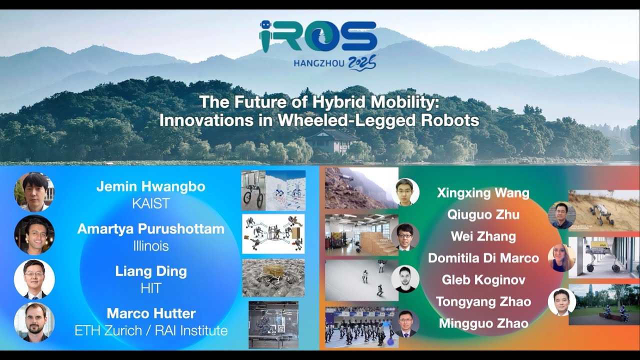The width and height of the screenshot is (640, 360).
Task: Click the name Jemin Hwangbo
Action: pos(150,187)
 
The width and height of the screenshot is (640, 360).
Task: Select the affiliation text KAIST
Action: pos(150,203)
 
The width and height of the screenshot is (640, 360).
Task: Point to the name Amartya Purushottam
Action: pos(150,229)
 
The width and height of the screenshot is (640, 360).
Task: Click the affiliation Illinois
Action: pos(150,245)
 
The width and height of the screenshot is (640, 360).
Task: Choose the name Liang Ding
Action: pos(150,271)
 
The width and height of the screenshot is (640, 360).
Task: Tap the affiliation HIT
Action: pos(150,287)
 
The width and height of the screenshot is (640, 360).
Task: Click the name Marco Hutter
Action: pos(150,314)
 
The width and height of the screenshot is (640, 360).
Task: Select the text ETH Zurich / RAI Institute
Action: pos(150,330)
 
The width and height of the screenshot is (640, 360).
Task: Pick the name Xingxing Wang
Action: pos(482,193)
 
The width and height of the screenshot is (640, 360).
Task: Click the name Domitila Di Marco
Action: pos(483,258)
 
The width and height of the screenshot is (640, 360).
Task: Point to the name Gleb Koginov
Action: pos(483,279)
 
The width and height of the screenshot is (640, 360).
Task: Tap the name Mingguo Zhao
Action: pos(483,323)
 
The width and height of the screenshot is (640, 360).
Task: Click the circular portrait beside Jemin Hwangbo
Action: pos(34,192)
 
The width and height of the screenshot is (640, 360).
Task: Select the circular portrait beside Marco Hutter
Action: pos(34,322)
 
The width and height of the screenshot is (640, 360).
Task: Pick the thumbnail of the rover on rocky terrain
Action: pos(273,278)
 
